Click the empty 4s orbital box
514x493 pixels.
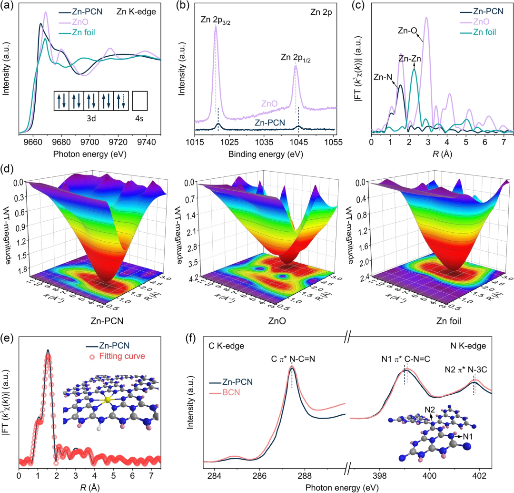[x=141, y=102]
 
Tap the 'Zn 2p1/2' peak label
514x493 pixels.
[x=298, y=57]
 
